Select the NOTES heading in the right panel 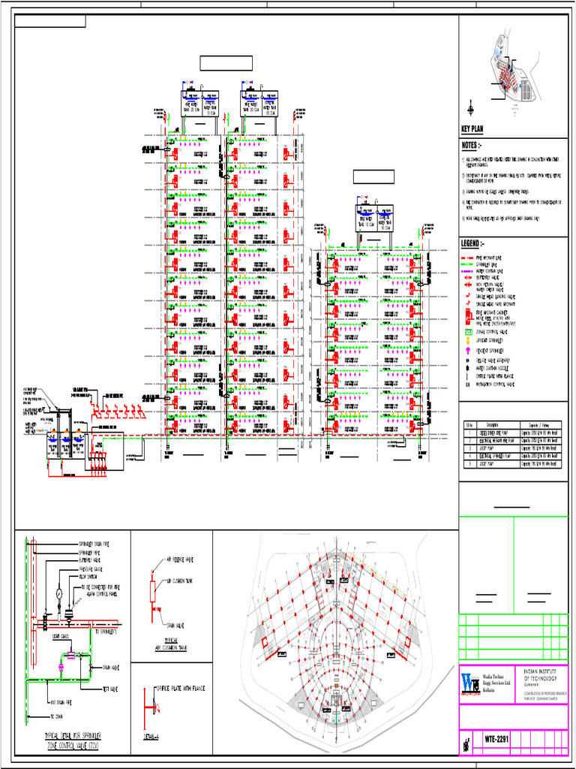click(471, 145)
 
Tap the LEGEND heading click(473, 244)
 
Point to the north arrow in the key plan click(470, 110)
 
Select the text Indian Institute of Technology click(540, 673)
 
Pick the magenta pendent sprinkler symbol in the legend click(467, 351)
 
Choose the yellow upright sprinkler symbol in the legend click(467, 339)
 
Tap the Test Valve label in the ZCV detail click(111, 687)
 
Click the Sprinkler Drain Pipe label click(98, 544)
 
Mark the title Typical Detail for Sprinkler click(73, 736)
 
